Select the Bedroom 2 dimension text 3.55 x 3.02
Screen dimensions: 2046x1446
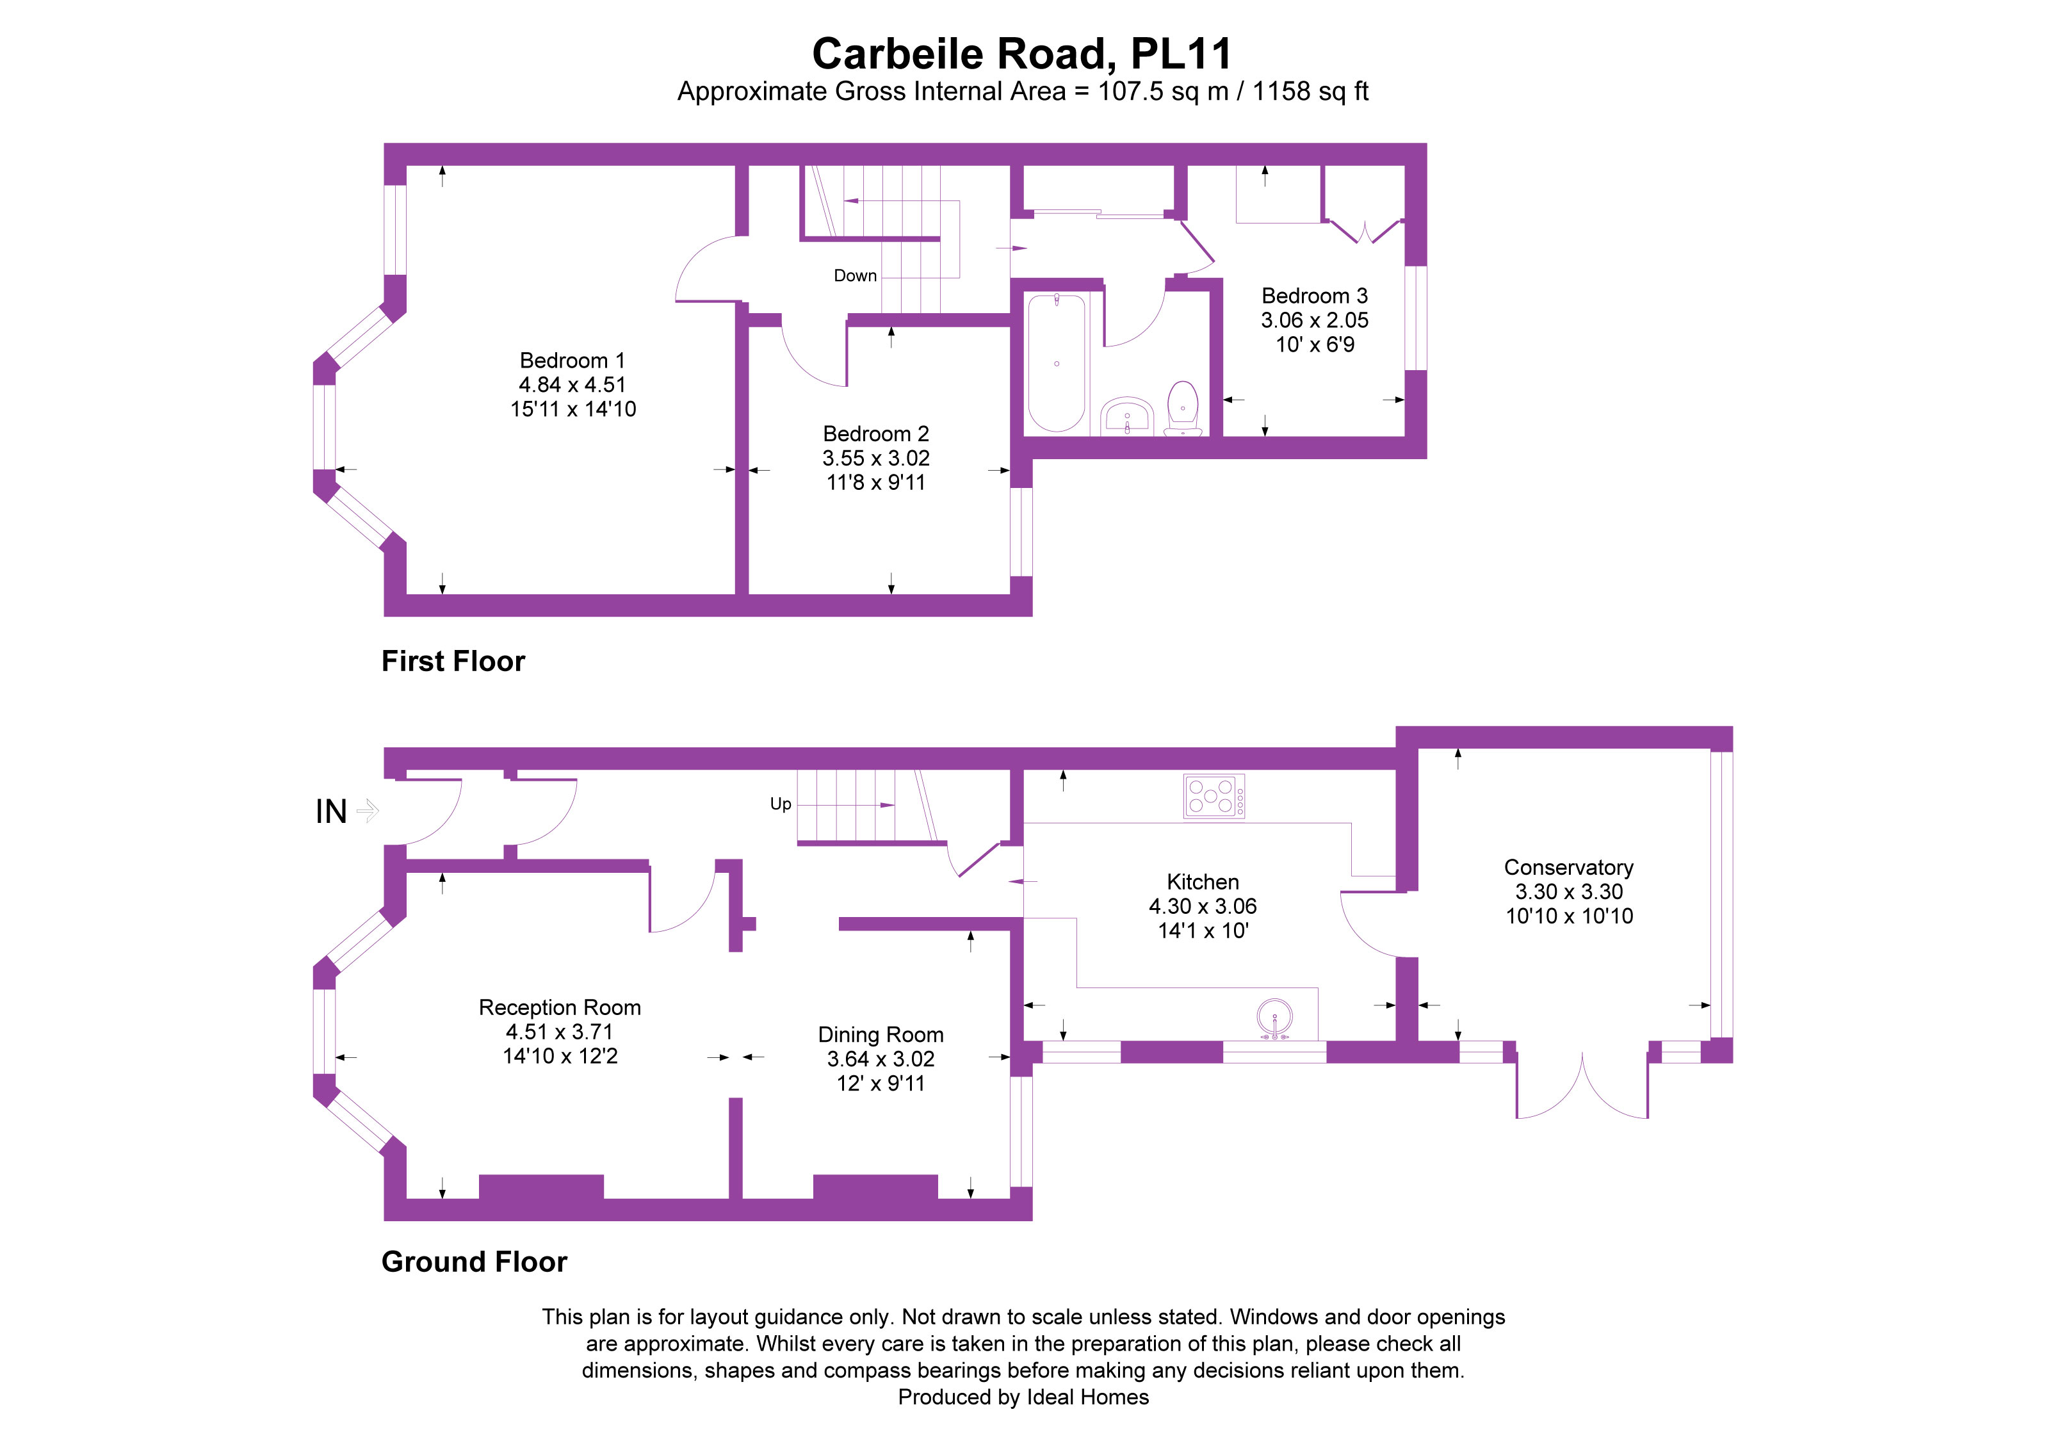[x=875, y=458]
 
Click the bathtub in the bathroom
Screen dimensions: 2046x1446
[x=1056, y=362]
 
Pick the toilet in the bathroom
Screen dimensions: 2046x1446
[x=1183, y=408]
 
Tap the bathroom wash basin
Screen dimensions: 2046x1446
[x=1127, y=417]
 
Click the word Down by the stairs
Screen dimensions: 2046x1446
[x=854, y=276]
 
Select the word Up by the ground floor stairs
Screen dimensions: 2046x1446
[x=781, y=804]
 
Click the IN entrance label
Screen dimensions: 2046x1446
[x=330, y=811]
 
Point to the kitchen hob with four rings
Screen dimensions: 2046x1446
[x=1213, y=795]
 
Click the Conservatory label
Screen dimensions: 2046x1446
[x=1568, y=867]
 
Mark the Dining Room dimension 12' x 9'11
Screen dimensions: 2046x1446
[x=881, y=1084]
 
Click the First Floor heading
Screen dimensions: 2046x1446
[x=453, y=661]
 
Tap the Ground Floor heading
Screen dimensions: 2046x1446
[x=474, y=1262]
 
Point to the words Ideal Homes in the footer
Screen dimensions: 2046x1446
[x=1087, y=1397]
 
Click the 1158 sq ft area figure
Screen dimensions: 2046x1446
[x=1310, y=91]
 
